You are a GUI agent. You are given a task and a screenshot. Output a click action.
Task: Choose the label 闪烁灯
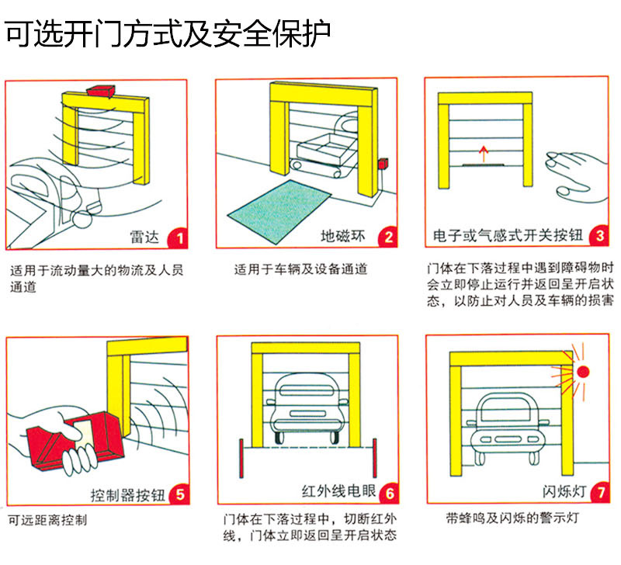(562, 493)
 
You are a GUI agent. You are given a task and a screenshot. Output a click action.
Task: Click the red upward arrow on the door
(484, 153)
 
